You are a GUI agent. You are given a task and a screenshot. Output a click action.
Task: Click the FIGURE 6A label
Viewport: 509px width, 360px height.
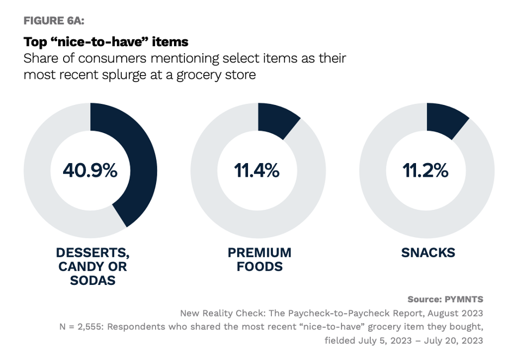pyautogui.click(x=53, y=21)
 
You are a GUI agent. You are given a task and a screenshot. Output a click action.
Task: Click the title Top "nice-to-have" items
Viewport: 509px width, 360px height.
pyautogui.click(x=105, y=41)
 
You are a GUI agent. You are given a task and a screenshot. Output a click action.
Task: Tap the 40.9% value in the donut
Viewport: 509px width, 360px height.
pyautogui.click(x=90, y=170)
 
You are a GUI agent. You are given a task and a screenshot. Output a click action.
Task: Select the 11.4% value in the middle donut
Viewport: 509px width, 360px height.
pyautogui.click(x=257, y=170)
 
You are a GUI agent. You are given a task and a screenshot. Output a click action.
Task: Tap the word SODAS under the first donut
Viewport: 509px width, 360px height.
pyautogui.click(x=92, y=281)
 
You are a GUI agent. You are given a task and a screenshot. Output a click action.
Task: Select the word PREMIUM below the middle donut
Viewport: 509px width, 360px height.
pyautogui.click(x=259, y=253)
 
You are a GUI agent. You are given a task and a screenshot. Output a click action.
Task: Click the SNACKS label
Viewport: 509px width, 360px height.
pyautogui.click(x=428, y=253)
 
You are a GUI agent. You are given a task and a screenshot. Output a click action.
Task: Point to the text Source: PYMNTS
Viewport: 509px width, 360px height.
pyautogui.click(x=445, y=299)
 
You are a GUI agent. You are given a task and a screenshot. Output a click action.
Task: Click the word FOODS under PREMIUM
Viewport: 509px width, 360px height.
pyautogui.click(x=259, y=267)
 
